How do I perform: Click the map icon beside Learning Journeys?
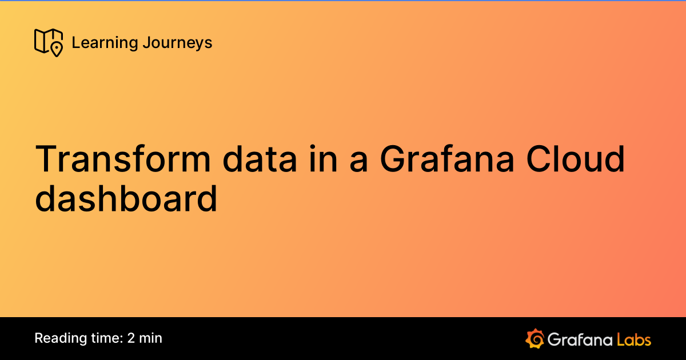coord(48,42)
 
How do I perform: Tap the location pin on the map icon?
coord(56,50)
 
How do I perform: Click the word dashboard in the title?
coord(126,199)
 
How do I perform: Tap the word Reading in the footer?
coord(58,338)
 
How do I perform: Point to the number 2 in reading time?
coord(131,338)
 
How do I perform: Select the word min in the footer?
coord(151,338)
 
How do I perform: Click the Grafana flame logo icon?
coord(534,338)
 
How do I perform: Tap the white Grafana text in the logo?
coord(580,339)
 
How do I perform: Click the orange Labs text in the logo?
coord(633,339)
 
